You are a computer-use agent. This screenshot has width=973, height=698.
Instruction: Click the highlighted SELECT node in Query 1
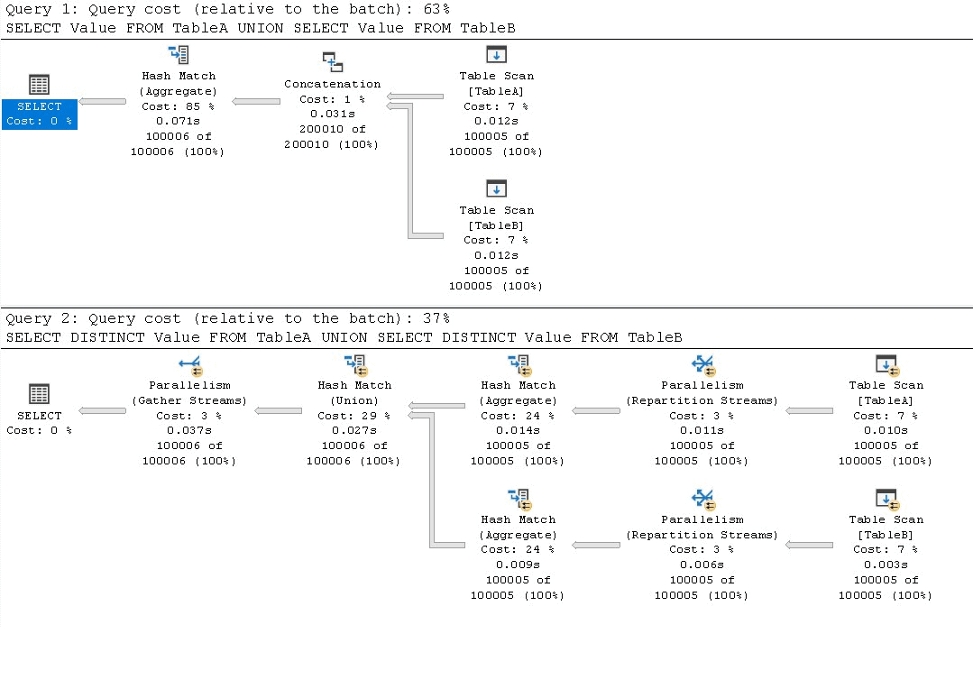pos(39,114)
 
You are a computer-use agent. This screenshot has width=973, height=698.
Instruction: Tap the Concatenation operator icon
pos(333,61)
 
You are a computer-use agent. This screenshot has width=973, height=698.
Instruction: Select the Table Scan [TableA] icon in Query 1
pos(497,54)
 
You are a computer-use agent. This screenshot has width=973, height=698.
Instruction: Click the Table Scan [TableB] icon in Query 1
pos(497,188)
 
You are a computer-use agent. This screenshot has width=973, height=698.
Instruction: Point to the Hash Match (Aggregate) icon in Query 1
pos(179,55)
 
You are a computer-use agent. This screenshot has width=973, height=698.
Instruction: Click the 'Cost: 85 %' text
pos(178,106)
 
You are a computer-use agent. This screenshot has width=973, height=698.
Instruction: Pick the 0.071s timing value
pos(178,121)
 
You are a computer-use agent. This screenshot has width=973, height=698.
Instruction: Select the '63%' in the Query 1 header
pos(436,9)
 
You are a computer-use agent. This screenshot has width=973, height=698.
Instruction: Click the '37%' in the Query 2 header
pos(436,318)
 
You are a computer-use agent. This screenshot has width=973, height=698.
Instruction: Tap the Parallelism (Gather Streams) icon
pos(190,365)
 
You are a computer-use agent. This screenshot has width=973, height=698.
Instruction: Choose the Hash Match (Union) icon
pos(355,365)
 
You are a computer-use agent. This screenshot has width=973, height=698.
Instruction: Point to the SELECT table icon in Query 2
pos(39,393)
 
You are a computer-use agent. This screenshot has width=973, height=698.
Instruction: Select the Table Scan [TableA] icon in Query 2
pos(887,365)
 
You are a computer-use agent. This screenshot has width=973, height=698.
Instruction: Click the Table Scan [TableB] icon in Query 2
pos(887,499)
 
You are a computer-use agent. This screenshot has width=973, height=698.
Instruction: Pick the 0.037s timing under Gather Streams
pos(189,430)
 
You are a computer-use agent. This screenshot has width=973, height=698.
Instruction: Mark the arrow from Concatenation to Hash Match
pos(256,101)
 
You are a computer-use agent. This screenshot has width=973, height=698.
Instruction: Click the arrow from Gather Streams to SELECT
pos(103,410)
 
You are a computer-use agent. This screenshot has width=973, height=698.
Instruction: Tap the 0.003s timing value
pos(886,565)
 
